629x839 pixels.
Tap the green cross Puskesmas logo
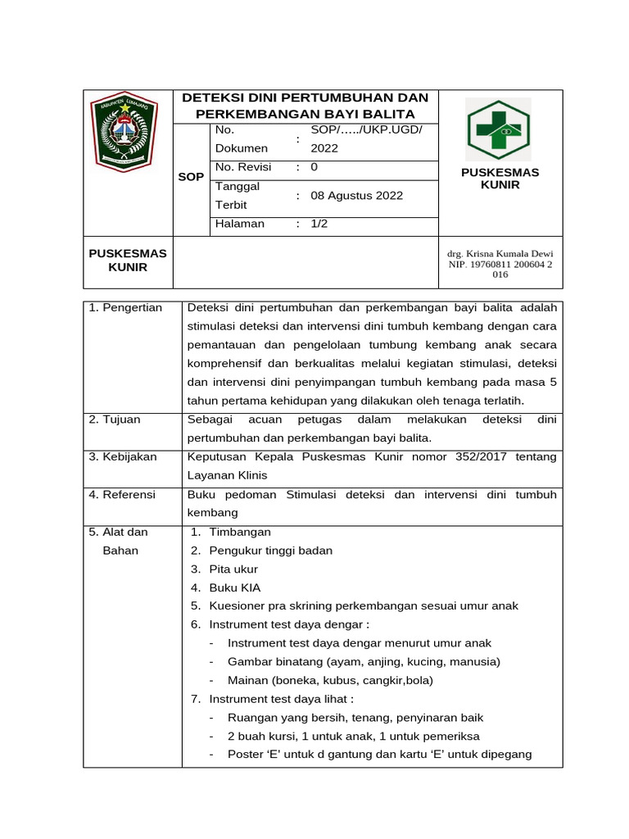click(x=498, y=129)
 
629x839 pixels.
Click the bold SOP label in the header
click(x=191, y=177)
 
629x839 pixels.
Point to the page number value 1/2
click(x=319, y=224)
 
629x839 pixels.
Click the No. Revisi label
click(x=243, y=167)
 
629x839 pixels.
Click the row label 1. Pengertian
click(x=125, y=307)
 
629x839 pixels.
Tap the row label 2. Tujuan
click(x=115, y=419)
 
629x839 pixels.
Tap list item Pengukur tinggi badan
click(x=270, y=551)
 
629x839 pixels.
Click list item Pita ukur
click(x=233, y=569)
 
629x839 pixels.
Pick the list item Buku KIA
click(x=234, y=587)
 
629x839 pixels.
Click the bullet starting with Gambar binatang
click(x=364, y=661)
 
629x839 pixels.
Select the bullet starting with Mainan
click(x=330, y=680)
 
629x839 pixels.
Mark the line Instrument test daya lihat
click(x=281, y=699)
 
